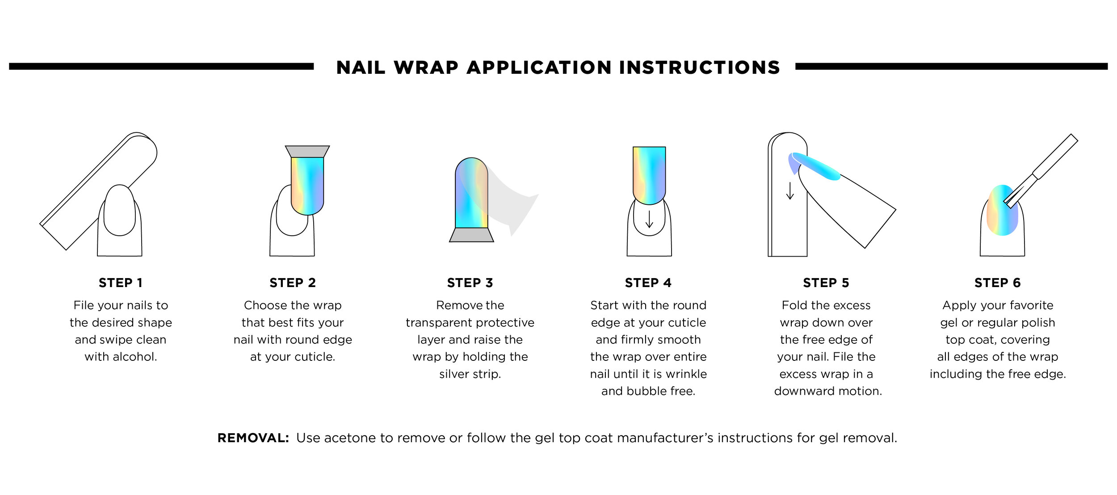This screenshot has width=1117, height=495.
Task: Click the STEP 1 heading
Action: click(121, 283)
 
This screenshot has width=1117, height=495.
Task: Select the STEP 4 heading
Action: click(648, 283)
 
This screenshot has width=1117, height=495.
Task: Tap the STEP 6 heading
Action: click(998, 283)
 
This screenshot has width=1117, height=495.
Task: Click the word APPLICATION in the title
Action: click(539, 68)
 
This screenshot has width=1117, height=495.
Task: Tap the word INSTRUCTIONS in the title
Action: click(699, 68)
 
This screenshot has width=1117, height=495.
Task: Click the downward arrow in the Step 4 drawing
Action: click(649, 219)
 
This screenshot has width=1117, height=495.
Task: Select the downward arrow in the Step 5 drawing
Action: click(790, 190)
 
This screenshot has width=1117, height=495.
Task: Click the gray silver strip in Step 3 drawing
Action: click(471, 235)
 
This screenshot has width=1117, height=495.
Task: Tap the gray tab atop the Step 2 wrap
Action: click(307, 151)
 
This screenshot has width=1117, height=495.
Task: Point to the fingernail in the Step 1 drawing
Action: click(119, 210)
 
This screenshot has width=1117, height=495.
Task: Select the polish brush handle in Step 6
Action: click(1054, 157)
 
